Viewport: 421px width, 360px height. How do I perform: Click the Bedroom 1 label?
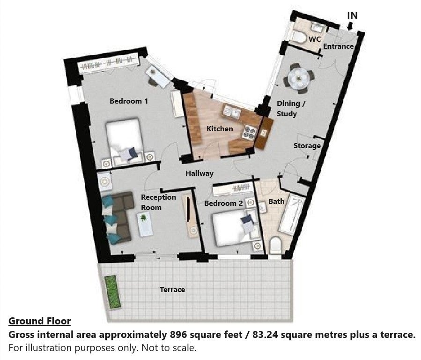(129, 101)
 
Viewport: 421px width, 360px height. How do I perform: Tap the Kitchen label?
(220, 129)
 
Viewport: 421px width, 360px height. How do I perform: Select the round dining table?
(299, 78)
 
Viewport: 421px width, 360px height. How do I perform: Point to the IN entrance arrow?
(349, 26)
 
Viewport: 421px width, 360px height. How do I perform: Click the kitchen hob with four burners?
(249, 133)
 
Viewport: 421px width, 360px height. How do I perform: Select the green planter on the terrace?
(112, 292)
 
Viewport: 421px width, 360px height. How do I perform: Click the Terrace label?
(172, 290)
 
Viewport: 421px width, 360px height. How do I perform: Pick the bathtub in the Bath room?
(292, 216)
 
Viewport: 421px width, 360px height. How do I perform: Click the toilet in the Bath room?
(275, 246)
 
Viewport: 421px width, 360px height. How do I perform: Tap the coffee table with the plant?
(144, 224)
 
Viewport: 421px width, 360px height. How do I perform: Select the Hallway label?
(199, 173)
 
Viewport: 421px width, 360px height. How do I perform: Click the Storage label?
(307, 146)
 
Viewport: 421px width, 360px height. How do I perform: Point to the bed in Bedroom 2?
(236, 229)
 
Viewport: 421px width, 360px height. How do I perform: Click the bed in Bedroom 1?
(125, 141)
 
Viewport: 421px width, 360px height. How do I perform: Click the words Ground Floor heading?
(40, 321)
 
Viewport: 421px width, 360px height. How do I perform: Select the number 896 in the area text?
(178, 335)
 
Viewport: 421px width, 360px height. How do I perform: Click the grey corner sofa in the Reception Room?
(118, 217)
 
